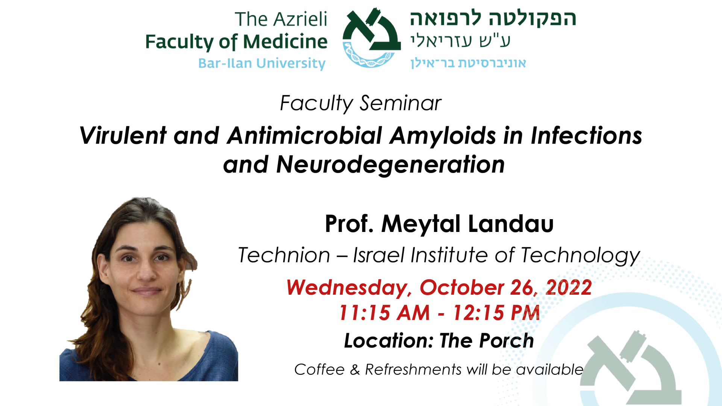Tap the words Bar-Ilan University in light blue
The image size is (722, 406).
(x=262, y=64)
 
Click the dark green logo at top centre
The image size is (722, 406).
(x=372, y=37)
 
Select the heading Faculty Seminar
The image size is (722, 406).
(x=361, y=103)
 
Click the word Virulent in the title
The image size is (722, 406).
(x=123, y=136)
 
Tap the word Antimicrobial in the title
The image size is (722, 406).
(x=305, y=136)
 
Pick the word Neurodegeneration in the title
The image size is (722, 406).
(x=390, y=165)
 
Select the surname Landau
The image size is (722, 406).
(x=511, y=224)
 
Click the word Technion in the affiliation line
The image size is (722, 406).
(x=284, y=256)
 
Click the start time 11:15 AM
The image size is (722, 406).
(x=384, y=313)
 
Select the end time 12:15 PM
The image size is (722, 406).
(x=496, y=313)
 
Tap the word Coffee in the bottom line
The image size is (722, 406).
(x=319, y=370)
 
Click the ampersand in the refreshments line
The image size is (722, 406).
(x=355, y=370)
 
